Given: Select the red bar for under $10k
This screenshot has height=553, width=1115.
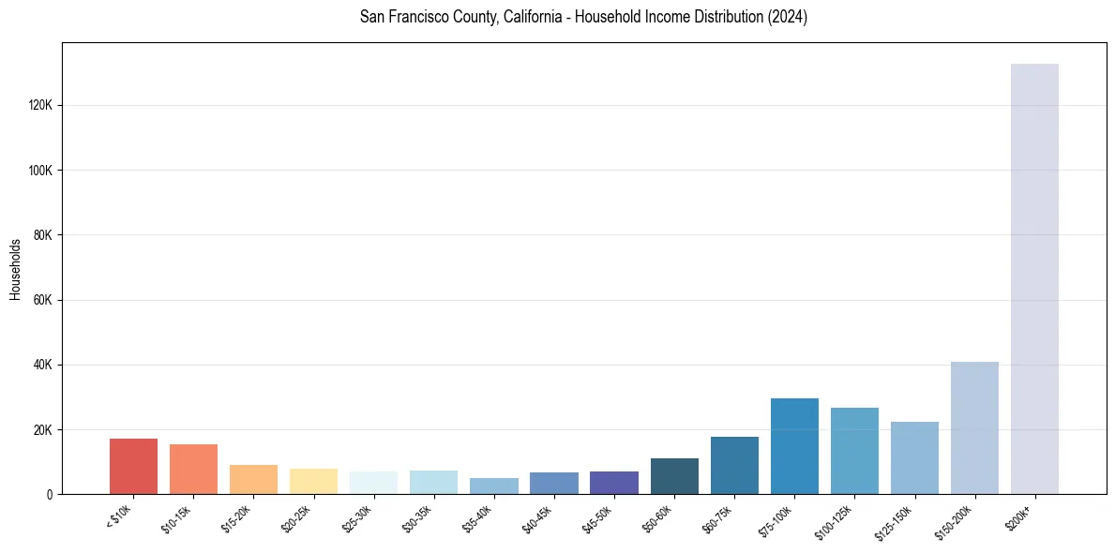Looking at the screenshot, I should click(133, 466).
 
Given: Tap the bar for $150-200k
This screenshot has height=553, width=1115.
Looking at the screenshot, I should click(974, 427).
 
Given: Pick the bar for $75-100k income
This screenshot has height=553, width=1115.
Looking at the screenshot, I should click(794, 446).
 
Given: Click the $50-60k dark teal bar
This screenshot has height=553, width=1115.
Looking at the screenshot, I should click(674, 476).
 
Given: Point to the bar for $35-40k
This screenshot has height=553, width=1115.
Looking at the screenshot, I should click(494, 486).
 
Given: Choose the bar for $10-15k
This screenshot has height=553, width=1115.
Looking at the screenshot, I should click(193, 469).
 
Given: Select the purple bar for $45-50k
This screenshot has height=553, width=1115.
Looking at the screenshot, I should click(614, 483).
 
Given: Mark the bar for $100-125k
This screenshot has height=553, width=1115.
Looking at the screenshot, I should click(854, 451).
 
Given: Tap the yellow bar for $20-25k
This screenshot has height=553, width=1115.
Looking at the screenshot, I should click(313, 481).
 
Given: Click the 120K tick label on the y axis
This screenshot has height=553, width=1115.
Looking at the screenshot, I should click(40, 106).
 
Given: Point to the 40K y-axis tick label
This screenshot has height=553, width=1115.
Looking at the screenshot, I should click(43, 365).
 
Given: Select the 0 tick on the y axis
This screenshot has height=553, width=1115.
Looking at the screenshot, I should click(50, 494).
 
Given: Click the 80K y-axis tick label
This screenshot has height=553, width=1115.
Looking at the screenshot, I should click(43, 235).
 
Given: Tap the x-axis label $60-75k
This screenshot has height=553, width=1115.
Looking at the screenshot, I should click(721, 516).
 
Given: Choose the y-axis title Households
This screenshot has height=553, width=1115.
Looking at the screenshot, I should click(15, 269).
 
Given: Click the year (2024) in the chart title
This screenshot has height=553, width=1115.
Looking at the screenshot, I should click(787, 17).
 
